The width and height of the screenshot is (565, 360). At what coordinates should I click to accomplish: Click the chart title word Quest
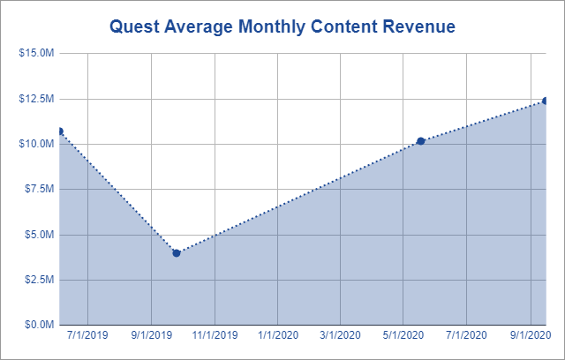(135, 27)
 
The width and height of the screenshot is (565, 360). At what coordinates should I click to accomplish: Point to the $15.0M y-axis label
(36, 53)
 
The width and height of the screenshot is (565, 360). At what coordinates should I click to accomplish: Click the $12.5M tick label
(36, 98)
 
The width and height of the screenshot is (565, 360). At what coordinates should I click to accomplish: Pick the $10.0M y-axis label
(36, 144)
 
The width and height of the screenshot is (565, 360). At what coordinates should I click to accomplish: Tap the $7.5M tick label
(39, 189)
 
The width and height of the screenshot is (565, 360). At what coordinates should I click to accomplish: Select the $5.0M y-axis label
(39, 235)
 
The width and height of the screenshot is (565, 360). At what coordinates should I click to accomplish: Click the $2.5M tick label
(39, 280)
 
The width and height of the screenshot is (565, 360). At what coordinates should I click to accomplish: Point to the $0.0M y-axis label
(39, 325)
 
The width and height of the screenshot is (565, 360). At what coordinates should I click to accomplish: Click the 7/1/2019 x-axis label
(87, 335)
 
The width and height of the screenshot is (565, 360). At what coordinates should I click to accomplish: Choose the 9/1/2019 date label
(151, 335)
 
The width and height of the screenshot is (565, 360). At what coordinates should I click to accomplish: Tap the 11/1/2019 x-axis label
(214, 335)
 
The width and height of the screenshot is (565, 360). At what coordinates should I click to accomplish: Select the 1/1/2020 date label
(278, 335)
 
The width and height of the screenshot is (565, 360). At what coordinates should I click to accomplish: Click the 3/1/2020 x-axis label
(340, 335)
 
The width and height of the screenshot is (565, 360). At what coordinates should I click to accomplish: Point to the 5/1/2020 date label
(403, 335)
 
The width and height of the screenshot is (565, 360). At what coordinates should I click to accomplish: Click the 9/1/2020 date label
(530, 335)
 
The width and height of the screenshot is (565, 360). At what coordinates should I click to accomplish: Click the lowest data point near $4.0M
(177, 253)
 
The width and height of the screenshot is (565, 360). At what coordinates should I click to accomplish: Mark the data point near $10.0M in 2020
(420, 141)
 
